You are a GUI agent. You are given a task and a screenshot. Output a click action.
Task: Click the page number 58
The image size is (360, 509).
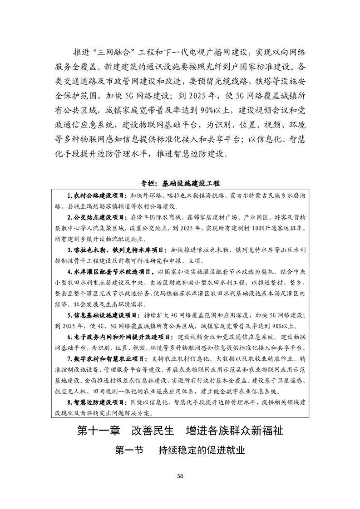[180, 476]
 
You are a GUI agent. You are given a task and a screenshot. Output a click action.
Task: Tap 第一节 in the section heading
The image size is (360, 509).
[129, 450]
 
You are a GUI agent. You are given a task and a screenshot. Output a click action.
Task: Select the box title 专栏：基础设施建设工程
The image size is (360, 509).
[180, 184]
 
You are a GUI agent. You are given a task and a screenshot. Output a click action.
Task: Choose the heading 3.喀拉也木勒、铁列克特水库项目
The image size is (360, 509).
[116, 250]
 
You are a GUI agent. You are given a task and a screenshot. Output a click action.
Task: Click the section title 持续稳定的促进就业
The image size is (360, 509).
[202, 450]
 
